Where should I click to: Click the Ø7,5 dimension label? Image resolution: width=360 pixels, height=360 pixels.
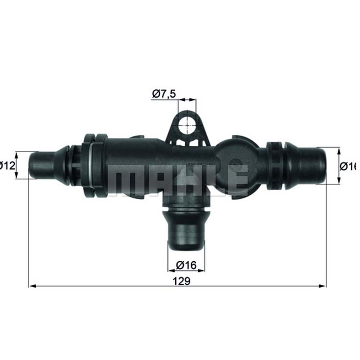(164, 94)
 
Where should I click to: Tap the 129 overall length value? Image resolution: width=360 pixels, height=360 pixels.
(183, 281)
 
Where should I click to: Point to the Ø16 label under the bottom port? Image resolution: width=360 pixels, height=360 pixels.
(186, 265)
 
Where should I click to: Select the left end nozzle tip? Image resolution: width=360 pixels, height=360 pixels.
(40, 165)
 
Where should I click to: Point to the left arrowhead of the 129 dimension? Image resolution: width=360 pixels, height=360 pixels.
(31, 286)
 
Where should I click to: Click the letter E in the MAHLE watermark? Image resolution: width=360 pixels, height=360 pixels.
(238, 180)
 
